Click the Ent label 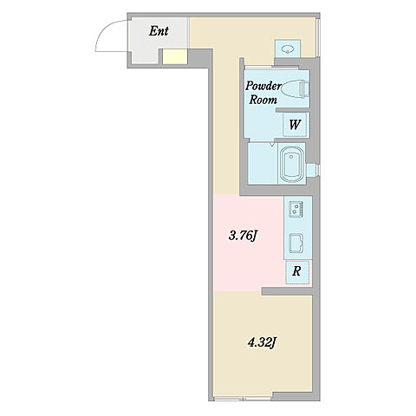pyautogui.click(x=159, y=31)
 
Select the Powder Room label pyautogui.click(x=263, y=93)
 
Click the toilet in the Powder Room pyautogui.click(x=295, y=88)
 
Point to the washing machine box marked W pyautogui.click(x=295, y=125)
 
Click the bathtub pyautogui.click(x=293, y=163)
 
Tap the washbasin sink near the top pyautogui.click(x=287, y=49)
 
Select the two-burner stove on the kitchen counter pyautogui.click(x=296, y=209)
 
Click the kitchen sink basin pyautogui.click(x=296, y=243)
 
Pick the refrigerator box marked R pyautogui.click(x=297, y=272)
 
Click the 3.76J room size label pyautogui.click(x=243, y=236)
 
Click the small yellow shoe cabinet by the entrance pyautogui.click(x=175, y=56)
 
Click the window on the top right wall pyautogui.click(x=318, y=37)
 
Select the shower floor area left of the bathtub pyautogui.click(x=263, y=163)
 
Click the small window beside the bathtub pyautogui.click(x=313, y=170)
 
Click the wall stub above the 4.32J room pyautogui.click(x=287, y=291)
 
